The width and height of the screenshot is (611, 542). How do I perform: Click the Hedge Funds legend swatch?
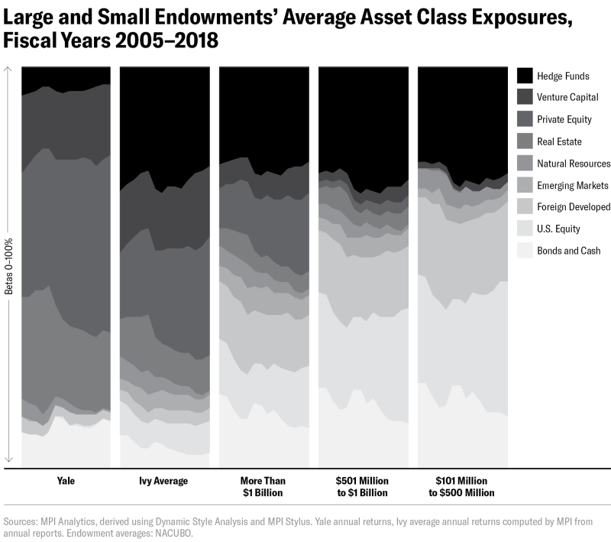point(525,76)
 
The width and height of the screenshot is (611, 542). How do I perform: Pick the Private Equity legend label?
point(564,119)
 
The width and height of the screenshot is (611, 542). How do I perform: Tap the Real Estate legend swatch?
point(525,141)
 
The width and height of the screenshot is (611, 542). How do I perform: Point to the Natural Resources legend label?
point(574,164)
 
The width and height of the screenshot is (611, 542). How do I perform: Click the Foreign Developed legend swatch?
point(525,207)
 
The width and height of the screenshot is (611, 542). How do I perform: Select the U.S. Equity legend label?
point(559,229)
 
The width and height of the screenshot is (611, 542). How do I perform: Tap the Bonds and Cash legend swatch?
point(525,251)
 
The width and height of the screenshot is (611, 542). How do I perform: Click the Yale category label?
point(66,482)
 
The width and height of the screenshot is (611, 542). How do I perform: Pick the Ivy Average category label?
point(165,482)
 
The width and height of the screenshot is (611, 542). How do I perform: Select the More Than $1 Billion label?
point(263,487)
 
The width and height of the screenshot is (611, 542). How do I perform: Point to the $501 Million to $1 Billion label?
point(363,487)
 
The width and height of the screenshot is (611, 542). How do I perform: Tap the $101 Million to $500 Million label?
point(462,487)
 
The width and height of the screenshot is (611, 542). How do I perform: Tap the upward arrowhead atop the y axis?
point(9,70)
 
